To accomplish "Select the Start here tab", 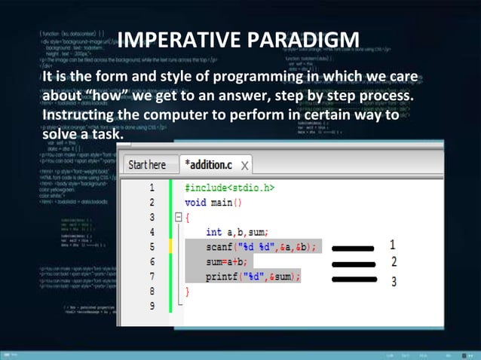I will (147, 164).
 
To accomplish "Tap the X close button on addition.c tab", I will (246, 165).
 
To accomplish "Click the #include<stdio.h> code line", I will (229, 188).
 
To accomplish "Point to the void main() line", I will (213, 203).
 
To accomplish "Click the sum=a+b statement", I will (227, 261).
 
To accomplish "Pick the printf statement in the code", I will (253, 276).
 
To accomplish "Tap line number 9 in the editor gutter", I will (152, 305).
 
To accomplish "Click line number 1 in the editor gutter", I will (152, 188).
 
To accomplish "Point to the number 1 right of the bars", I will (393, 245).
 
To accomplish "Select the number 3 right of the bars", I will (393, 282).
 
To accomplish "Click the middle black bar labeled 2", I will (354, 263).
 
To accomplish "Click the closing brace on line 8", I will (188, 291).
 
